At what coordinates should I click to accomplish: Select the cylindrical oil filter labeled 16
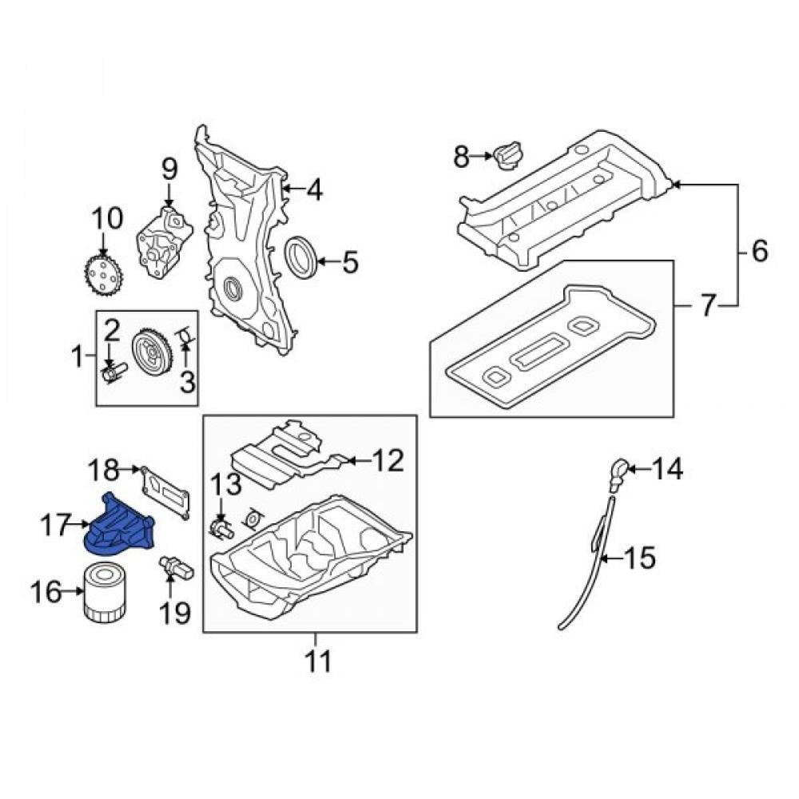[x=105, y=591]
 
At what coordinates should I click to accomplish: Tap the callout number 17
[x=54, y=524]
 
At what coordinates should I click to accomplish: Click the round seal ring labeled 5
[x=300, y=257]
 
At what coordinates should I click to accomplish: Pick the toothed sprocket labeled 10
[x=103, y=275]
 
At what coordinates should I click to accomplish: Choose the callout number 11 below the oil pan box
[x=317, y=662]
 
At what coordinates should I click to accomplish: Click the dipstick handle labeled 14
[x=618, y=474]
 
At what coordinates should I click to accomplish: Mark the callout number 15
[x=639, y=558]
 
